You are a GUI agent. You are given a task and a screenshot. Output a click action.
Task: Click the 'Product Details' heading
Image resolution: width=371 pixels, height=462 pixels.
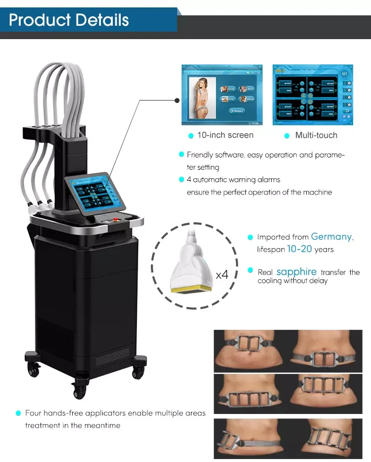(69, 20)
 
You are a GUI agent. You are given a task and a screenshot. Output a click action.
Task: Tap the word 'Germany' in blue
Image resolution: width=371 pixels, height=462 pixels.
(332, 237)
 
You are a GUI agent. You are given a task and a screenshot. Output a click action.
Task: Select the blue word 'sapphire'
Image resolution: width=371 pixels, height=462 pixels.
(296, 272)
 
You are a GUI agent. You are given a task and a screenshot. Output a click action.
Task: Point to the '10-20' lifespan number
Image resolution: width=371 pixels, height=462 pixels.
(299, 249)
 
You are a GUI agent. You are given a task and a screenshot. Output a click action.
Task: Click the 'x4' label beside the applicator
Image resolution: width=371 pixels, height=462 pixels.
(222, 274)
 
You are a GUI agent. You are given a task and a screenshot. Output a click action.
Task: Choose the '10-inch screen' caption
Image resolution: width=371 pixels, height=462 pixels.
(225, 135)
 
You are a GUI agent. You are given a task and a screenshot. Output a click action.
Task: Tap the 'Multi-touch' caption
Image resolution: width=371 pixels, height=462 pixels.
(316, 135)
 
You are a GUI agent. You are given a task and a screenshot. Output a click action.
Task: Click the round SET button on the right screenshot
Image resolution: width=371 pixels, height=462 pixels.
(344, 74)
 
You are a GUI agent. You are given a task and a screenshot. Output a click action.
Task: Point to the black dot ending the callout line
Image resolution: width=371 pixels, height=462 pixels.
(178, 100)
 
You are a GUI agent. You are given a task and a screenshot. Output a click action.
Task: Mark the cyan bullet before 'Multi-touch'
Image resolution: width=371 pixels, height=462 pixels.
(286, 136)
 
